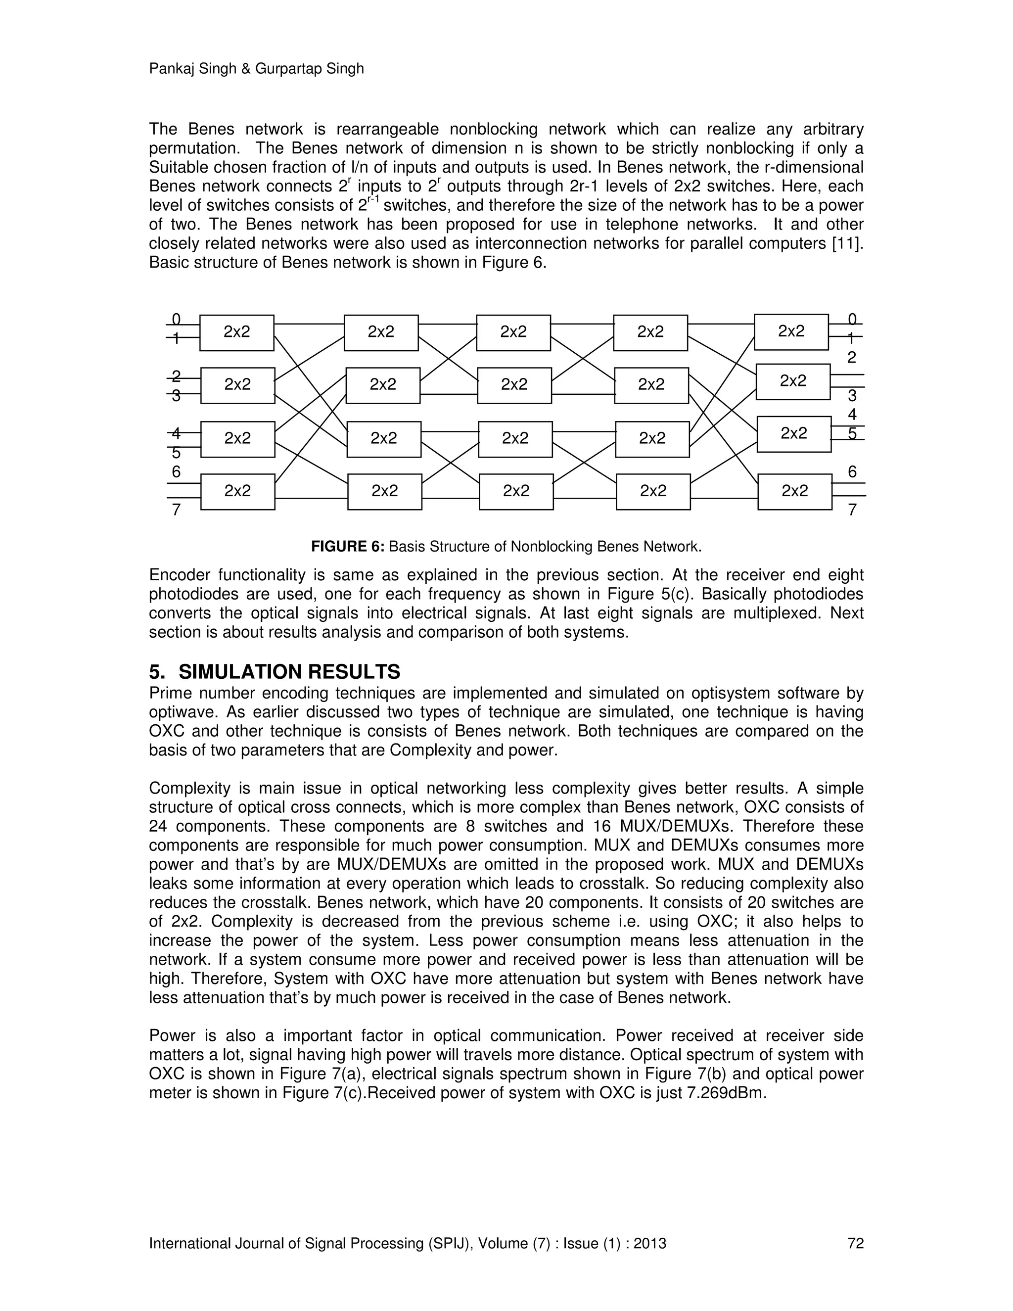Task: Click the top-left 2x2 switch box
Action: pyautogui.click(x=236, y=332)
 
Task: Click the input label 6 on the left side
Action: pyautogui.click(x=176, y=472)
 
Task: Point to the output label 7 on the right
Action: pyautogui.click(x=852, y=510)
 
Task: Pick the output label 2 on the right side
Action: pyautogui.click(x=852, y=358)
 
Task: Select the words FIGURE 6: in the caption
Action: pyautogui.click(x=347, y=547)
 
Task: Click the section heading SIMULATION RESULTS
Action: pyautogui.click(x=289, y=671)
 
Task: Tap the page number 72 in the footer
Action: pyautogui.click(x=855, y=1243)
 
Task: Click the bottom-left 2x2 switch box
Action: pyautogui.click(x=237, y=492)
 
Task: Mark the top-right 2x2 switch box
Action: pyautogui.click(x=791, y=331)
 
